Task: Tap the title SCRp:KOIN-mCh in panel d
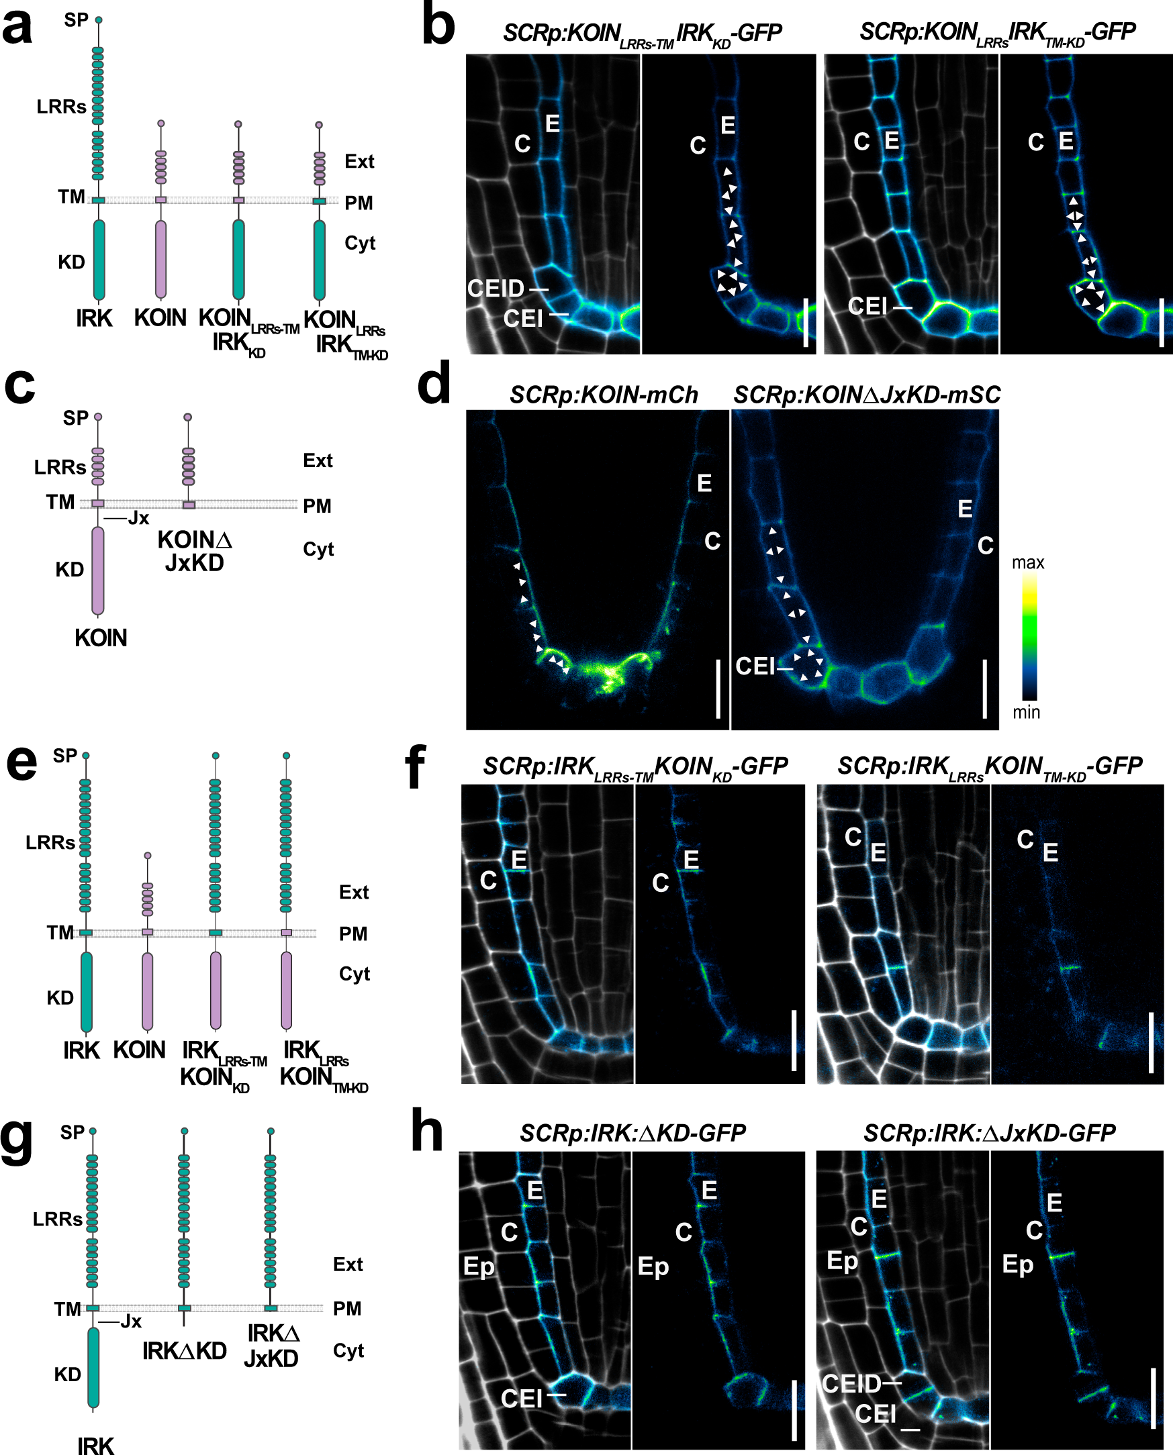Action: pyautogui.click(x=604, y=395)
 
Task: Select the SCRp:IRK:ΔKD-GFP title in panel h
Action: pyautogui.click(x=632, y=1133)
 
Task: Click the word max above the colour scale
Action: pyautogui.click(x=1028, y=562)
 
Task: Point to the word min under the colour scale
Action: pyautogui.click(x=1026, y=712)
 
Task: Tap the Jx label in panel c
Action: pyautogui.click(x=138, y=518)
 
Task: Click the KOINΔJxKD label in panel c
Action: pyautogui.click(x=195, y=551)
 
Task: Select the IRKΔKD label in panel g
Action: pyautogui.click(x=185, y=1351)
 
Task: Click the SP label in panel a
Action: pyautogui.click(x=77, y=20)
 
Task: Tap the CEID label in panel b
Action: pyautogui.click(x=496, y=289)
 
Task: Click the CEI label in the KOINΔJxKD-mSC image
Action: pyautogui.click(x=755, y=666)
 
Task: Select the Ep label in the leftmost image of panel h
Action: pyautogui.click(x=478, y=1266)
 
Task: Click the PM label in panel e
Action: pyautogui.click(x=353, y=934)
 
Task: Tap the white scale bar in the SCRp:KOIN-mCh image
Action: pyautogui.click(x=718, y=689)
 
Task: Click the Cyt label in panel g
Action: pyautogui.click(x=348, y=1351)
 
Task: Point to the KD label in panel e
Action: pyautogui.click(x=60, y=998)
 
